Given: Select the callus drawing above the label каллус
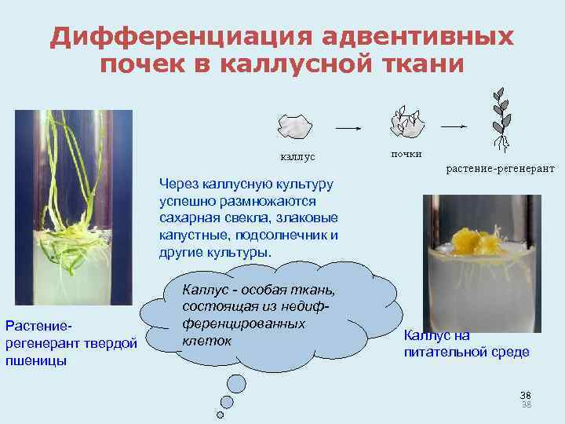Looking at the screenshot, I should click(x=294, y=125).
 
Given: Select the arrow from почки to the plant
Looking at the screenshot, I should click(x=456, y=125).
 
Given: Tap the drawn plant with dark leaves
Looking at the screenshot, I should click(x=498, y=117).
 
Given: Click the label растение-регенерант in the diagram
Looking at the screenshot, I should click(x=500, y=168).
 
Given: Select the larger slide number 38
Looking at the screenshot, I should click(x=526, y=394).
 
